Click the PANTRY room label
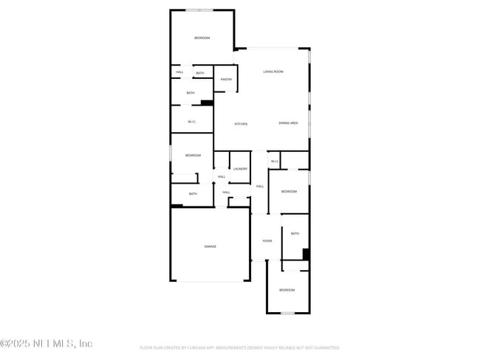click(x=226, y=80)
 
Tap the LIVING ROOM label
click(x=273, y=72)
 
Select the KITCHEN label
click(x=241, y=124)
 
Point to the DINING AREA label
click(x=288, y=123)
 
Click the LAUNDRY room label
click(x=240, y=169)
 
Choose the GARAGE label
click(x=210, y=246)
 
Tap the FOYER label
click(x=267, y=241)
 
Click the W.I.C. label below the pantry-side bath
click(x=192, y=122)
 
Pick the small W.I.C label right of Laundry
click(x=274, y=162)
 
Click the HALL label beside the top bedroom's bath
click(x=179, y=72)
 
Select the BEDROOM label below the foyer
click(x=287, y=290)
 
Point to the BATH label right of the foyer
click(x=295, y=234)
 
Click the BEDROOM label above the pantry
click(x=202, y=38)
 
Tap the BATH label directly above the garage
click(x=193, y=194)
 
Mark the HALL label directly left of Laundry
click(x=222, y=177)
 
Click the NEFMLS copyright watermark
click(x=47, y=344)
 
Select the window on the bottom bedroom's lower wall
click(x=287, y=313)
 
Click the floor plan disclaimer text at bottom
click(x=239, y=347)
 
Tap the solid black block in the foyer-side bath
click(x=306, y=254)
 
